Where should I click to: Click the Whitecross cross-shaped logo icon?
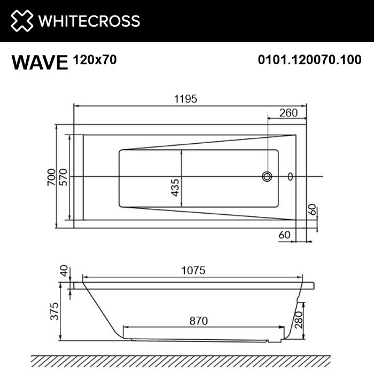tap(21, 21)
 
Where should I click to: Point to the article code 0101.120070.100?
tap(309, 60)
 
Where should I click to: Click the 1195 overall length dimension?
tap(186, 98)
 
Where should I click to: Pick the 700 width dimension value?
tap(51, 176)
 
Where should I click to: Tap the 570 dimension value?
tap(63, 176)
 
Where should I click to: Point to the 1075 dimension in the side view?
tap(193, 271)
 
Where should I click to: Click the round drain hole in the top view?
tap(267, 176)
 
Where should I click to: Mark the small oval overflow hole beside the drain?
tap(290, 176)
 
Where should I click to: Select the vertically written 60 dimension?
tap(314, 210)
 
